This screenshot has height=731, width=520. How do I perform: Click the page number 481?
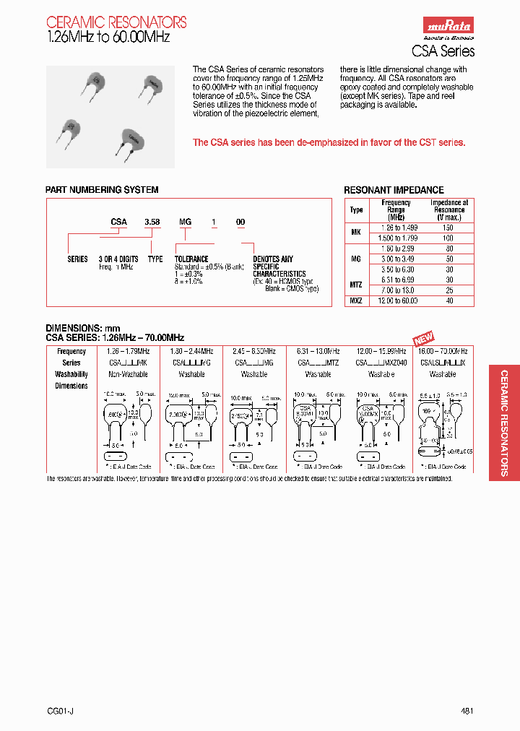tap(467, 711)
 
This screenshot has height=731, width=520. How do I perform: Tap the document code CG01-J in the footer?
tap(60, 711)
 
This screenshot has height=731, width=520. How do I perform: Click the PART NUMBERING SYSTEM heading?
tap(102, 190)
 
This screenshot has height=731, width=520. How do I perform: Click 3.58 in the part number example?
tap(152, 222)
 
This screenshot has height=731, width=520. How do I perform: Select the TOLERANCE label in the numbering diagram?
tap(191, 259)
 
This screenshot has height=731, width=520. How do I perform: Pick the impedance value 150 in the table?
tap(448, 227)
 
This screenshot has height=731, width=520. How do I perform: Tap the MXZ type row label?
tap(356, 300)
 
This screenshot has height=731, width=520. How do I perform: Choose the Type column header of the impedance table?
tap(356, 210)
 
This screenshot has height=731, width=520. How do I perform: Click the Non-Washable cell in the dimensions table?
tap(128, 374)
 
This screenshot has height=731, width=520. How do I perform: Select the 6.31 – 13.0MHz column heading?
tap(318, 351)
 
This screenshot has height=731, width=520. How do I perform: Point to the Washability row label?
tap(71, 374)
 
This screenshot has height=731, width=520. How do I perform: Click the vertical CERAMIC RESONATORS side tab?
tap(503, 423)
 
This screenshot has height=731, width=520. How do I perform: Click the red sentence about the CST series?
tap(329, 142)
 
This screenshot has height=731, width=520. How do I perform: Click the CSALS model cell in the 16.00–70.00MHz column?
tap(443, 363)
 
